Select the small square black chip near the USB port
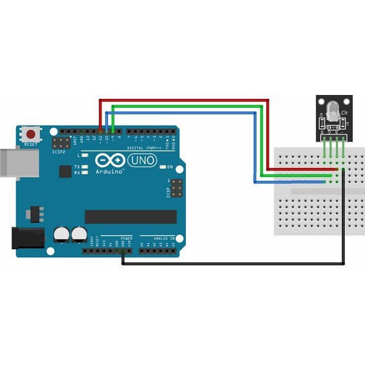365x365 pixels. coord(65,171)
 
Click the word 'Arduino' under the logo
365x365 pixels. coord(109,172)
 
